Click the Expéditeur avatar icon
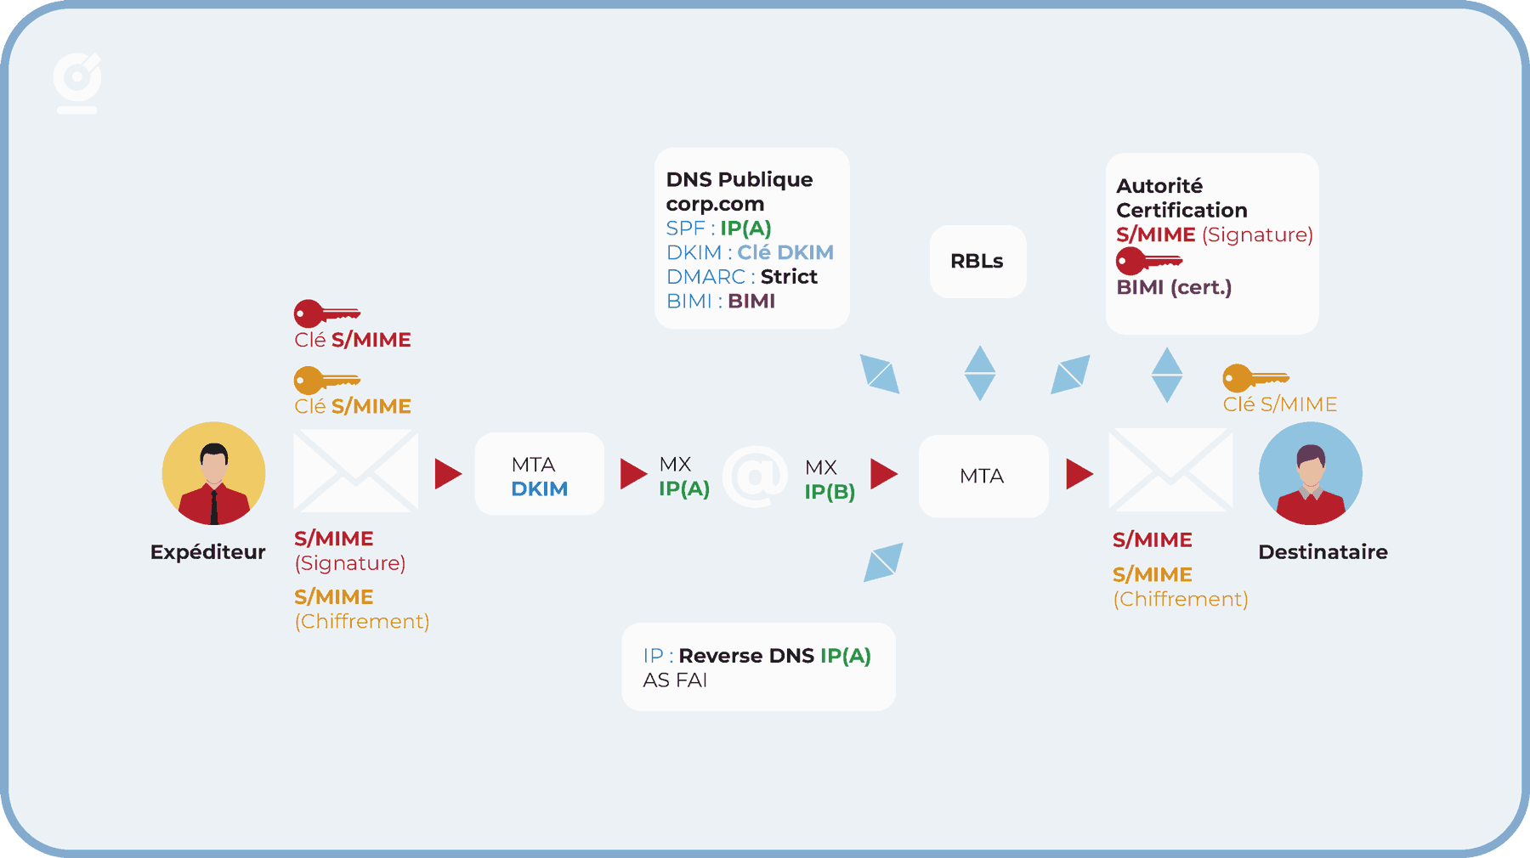pos(213,473)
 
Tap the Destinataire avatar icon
pos(1310,473)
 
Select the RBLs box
pos(977,262)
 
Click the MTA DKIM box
pos(539,474)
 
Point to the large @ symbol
pos(755,477)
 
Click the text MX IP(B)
pos(830,479)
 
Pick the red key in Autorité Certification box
pos(1148,261)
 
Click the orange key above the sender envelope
pos(326,381)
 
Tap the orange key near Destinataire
pos(1255,378)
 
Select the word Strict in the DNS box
pos(789,277)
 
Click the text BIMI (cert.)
pos(1174,287)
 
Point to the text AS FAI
pos(675,680)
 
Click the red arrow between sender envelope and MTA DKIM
pos(448,473)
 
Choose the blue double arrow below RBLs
pos(980,373)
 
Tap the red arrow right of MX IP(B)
pos(884,473)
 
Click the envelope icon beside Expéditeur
pos(355,471)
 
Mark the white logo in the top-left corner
pos(77,82)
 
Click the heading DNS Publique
pos(739,180)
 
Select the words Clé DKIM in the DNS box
pos(785,252)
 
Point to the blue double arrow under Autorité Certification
pos(1166,375)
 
